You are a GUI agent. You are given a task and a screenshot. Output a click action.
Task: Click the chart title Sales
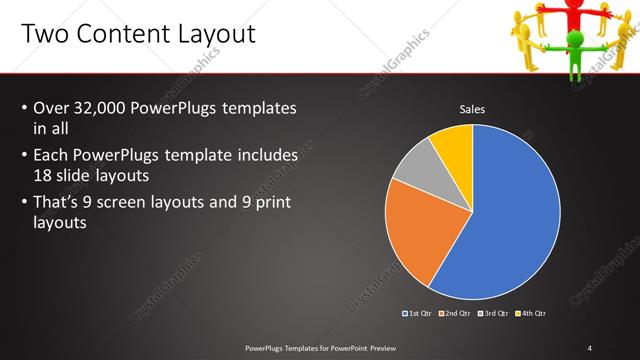[x=472, y=109]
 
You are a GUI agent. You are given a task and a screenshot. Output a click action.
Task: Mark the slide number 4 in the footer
[x=590, y=347]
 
